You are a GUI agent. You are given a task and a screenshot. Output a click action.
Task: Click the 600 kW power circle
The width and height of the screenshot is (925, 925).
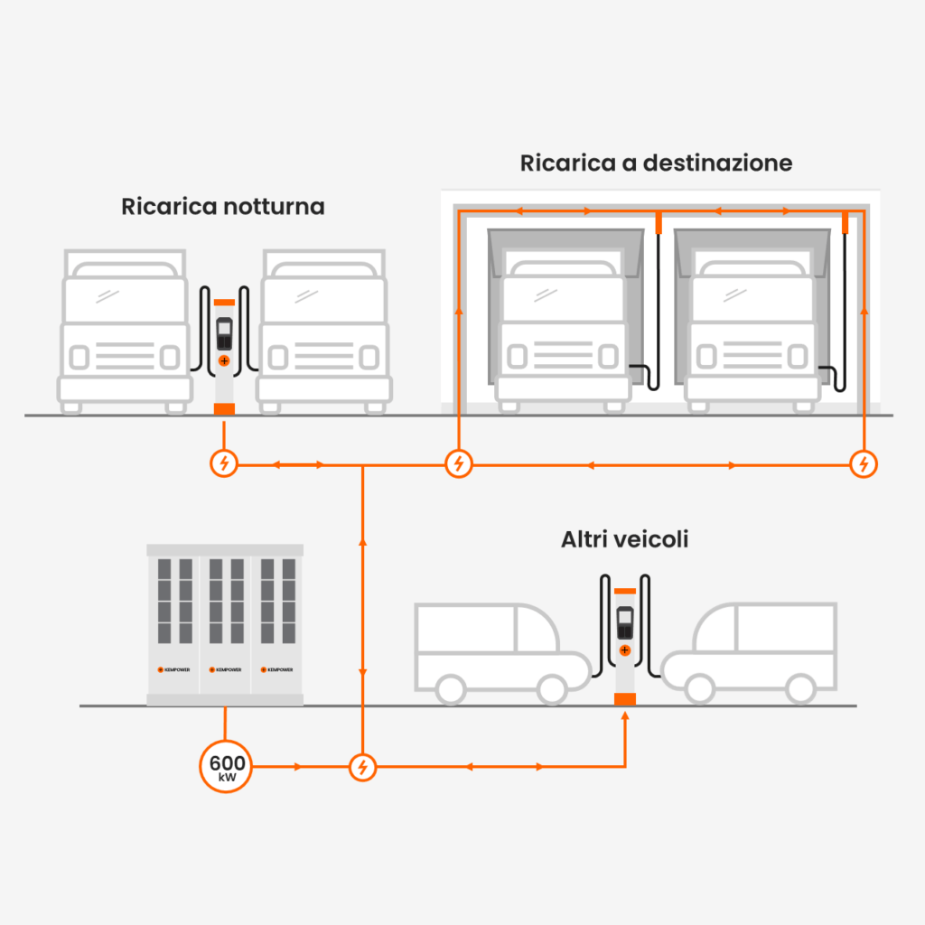pyautogui.click(x=226, y=766)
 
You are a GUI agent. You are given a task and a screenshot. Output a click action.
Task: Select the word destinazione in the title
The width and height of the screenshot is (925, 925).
pyautogui.click(x=717, y=163)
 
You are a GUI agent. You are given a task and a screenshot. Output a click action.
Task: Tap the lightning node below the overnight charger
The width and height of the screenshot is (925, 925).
pyautogui.click(x=224, y=463)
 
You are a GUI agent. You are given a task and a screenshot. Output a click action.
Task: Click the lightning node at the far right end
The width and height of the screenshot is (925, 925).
pyautogui.click(x=864, y=463)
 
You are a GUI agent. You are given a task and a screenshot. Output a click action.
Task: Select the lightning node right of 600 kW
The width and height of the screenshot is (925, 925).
pyautogui.click(x=363, y=767)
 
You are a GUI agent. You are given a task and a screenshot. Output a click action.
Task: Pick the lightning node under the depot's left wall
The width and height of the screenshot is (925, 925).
pyautogui.click(x=459, y=463)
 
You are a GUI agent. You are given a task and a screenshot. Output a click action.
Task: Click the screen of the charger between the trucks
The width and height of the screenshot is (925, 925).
pyautogui.click(x=224, y=333)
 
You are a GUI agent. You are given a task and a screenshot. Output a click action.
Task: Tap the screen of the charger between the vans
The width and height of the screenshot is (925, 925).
pyautogui.click(x=625, y=622)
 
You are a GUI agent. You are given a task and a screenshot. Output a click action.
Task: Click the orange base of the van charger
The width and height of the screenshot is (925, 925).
pyautogui.click(x=625, y=699)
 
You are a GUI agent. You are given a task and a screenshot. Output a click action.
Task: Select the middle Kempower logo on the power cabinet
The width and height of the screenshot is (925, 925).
pyautogui.click(x=225, y=669)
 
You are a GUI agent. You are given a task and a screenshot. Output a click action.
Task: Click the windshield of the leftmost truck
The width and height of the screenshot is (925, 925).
pyautogui.click(x=125, y=300)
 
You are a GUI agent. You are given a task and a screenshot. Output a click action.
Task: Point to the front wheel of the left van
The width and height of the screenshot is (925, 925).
pyautogui.click(x=552, y=690)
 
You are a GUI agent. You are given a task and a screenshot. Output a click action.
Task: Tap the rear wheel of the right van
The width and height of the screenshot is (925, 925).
pyautogui.click(x=801, y=689)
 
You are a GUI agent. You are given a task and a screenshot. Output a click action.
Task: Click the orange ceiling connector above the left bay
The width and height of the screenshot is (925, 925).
pyautogui.click(x=659, y=222)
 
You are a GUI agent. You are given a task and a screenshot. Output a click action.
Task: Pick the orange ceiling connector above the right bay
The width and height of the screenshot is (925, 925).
pyautogui.click(x=845, y=222)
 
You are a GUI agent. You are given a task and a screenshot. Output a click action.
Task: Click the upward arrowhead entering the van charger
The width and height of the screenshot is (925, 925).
pyautogui.click(x=625, y=715)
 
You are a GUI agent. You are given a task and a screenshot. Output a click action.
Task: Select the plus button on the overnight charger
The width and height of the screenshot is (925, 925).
pyautogui.click(x=224, y=360)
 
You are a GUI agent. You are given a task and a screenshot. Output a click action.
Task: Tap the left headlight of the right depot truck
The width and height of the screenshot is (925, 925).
pyautogui.click(x=706, y=356)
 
